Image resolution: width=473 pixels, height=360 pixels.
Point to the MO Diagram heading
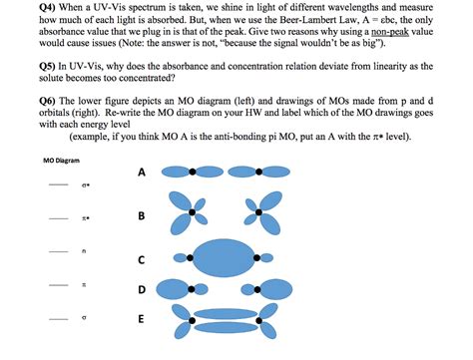click(62, 161)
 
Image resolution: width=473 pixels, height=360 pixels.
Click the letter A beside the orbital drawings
click(142, 173)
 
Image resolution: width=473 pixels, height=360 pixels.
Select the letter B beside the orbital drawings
click(142, 215)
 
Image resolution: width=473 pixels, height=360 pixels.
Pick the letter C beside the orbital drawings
click(142, 260)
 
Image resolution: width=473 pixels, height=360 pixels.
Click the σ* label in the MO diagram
click(88, 185)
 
